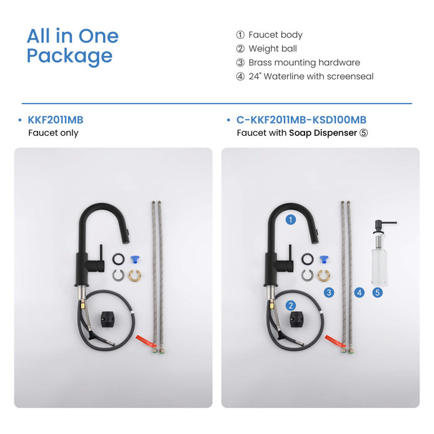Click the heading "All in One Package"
[x=72, y=46]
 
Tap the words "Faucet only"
[x=53, y=133]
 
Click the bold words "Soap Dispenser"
[x=323, y=133]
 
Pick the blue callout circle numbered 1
[x=290, y=219]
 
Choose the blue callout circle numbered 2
[x=290, y=305]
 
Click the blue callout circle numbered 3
[x=329, y=292]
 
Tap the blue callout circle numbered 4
[x=359, y=292]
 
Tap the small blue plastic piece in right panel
[x=322, y=259]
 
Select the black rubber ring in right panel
[x=307, y=259]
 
